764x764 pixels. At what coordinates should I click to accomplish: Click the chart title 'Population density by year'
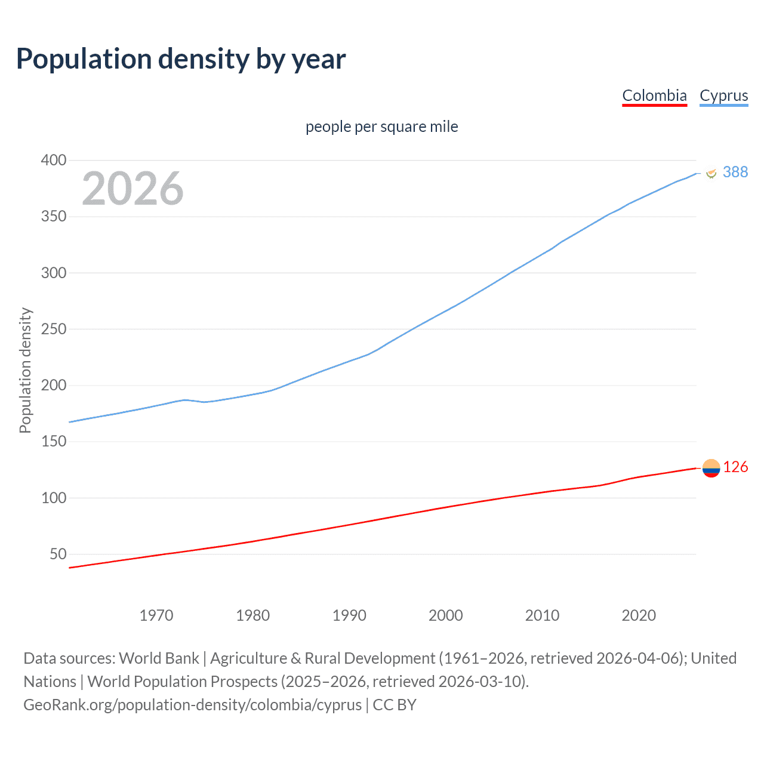tap(181, 59)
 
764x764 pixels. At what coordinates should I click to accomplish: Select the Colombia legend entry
tap(654, 95)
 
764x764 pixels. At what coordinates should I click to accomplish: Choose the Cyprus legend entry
tap(723, 95)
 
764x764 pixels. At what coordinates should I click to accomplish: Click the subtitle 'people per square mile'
tap(381, 127)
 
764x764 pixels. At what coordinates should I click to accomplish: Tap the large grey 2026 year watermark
tap(133, 189)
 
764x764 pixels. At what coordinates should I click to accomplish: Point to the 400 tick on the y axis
tap(53, 160)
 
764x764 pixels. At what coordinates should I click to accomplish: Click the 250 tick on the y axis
tap(53, 329)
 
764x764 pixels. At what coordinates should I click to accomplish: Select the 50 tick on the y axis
tap(58, 554)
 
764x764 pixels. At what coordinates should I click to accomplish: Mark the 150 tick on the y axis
tap(53, 442)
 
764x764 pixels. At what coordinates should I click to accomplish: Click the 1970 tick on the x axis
tap(156, 615)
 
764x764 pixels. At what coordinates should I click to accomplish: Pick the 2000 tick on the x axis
tap(445, 615)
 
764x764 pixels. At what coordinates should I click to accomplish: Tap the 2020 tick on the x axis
tap(639, 615)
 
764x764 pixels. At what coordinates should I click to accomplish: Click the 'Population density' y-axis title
tap(25, 370)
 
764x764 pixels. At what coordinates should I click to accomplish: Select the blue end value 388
tap(735, 172)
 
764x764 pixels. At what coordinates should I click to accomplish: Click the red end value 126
tap(735, 467)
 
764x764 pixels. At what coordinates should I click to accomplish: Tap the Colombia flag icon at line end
tap(711, 469)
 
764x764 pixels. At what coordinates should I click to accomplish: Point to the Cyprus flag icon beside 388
tap(711, 173)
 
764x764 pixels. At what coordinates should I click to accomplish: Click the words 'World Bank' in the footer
tap(159, 658)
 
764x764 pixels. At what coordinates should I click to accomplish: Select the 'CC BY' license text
tap(395, 704)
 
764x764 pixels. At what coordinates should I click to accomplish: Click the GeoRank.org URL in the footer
tap(192, 704)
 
